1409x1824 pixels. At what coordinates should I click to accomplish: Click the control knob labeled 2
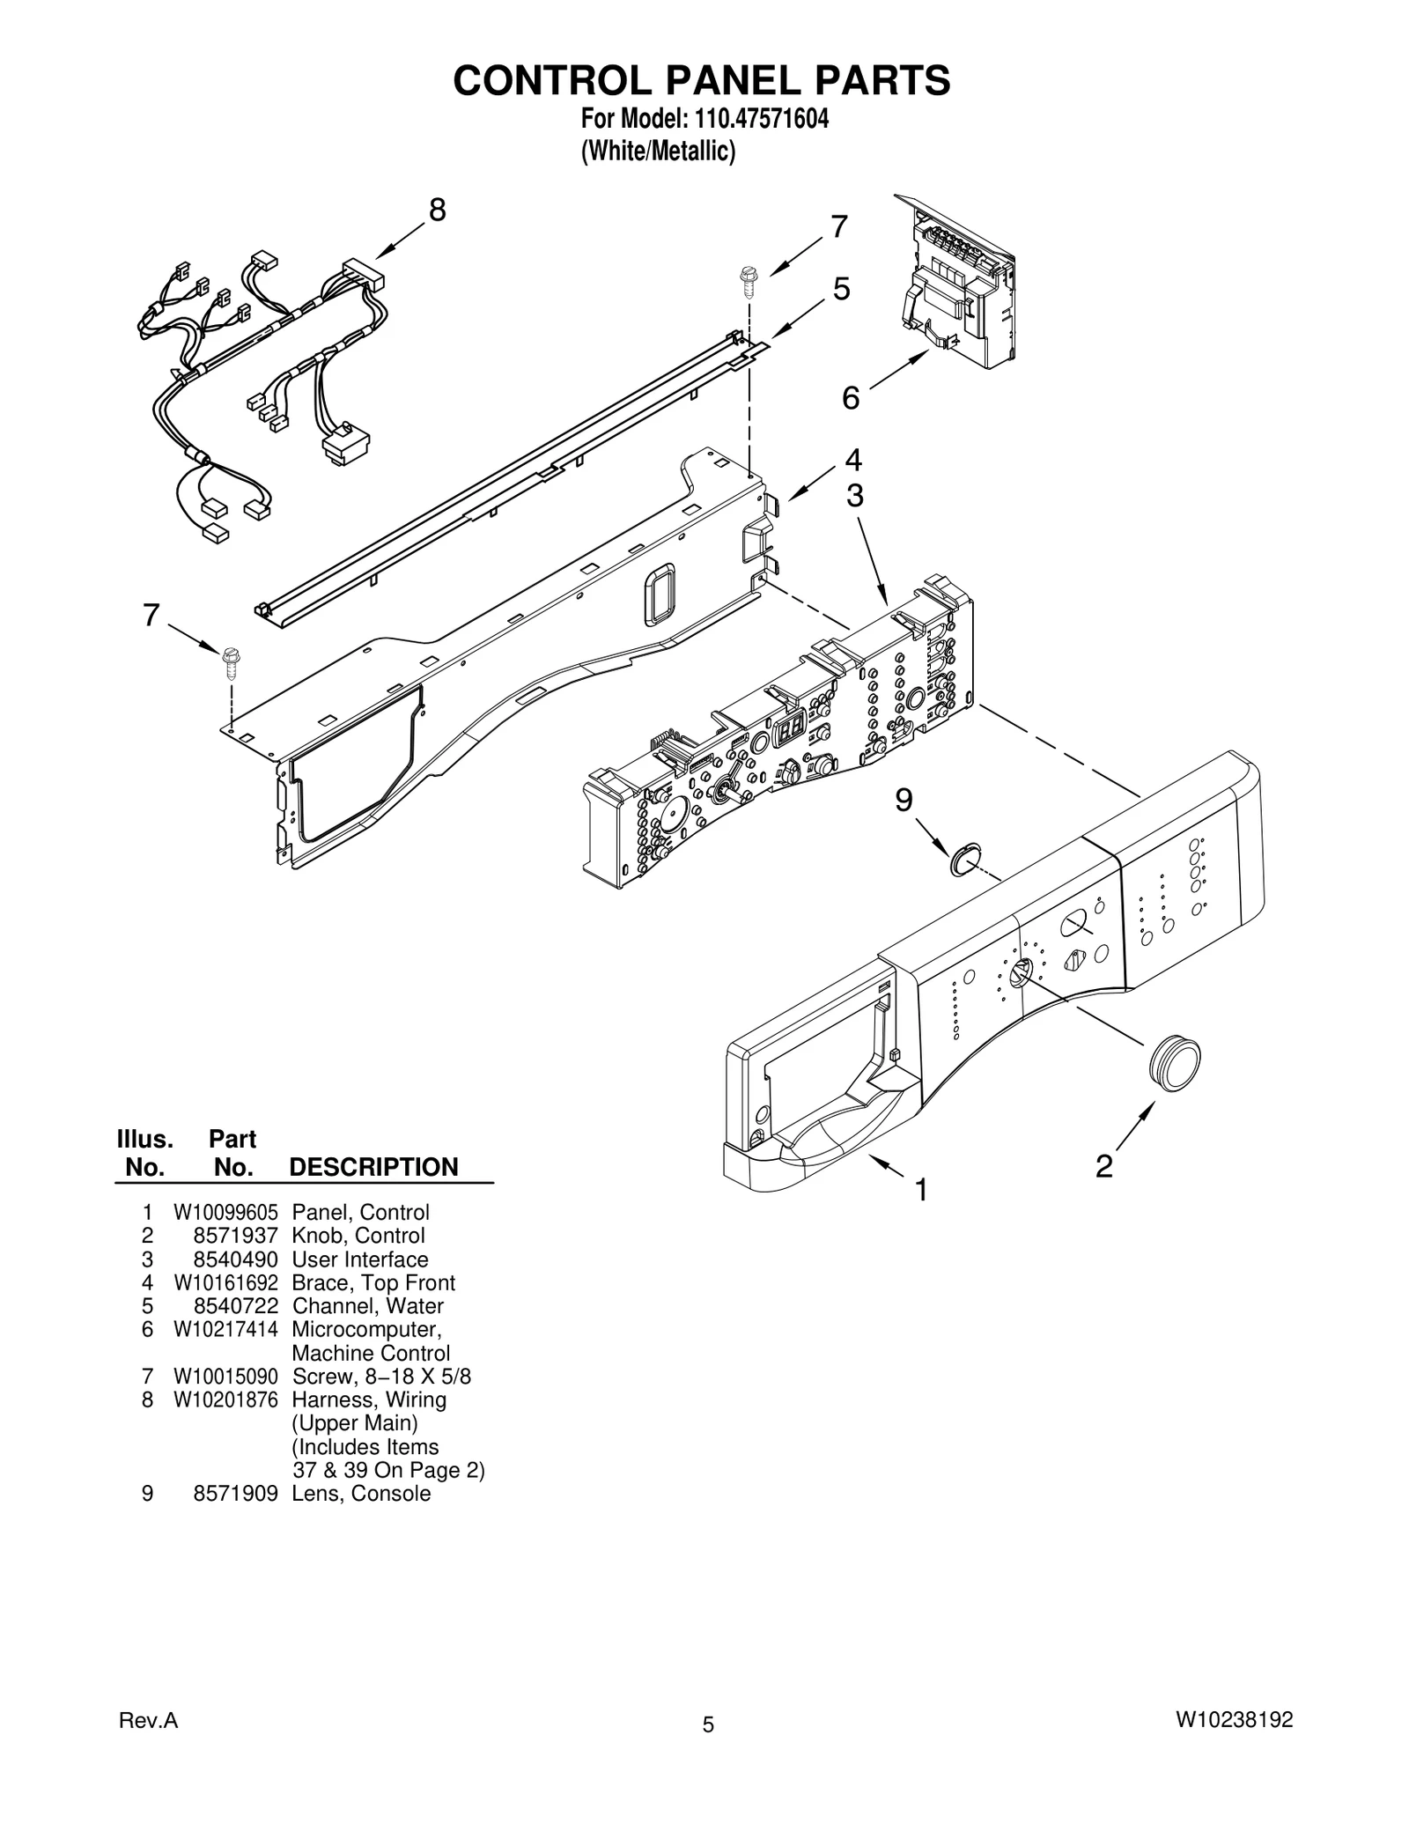(1175, 1064)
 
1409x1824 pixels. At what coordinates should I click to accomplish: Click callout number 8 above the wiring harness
(437, 210)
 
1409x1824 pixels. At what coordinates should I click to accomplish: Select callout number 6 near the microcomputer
(850, 398)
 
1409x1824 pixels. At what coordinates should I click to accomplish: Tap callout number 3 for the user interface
(854, 497)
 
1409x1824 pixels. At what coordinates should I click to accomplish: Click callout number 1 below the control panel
(921, 1191)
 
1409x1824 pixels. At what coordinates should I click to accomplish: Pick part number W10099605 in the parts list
(225, 1212)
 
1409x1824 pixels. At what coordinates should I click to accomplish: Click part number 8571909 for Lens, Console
(235, 1493)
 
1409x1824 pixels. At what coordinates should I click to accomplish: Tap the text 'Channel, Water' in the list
(367, 1306)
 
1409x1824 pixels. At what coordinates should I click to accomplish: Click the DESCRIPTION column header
(373, 1167)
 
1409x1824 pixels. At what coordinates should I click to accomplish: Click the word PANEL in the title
(702, 80)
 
